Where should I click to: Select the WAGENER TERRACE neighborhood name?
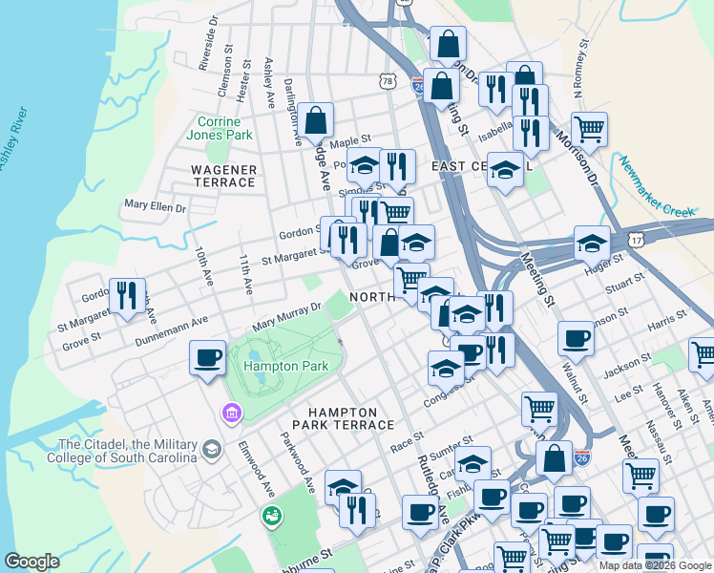(x=224, y=176)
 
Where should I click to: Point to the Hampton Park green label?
(x=286, y=366)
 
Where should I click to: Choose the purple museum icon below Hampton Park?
(x=231, y=414)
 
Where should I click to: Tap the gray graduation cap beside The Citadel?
(x=212, y=448)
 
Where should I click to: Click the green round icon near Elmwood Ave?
(x=272, y=517)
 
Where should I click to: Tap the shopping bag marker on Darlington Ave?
(x=315, y=121)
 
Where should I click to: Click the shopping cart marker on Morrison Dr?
(x=589, y=129)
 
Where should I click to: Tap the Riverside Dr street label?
(x=204, y=46)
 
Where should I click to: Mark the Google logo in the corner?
(x=31, y=562)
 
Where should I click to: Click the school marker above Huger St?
(x=592, y=244)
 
